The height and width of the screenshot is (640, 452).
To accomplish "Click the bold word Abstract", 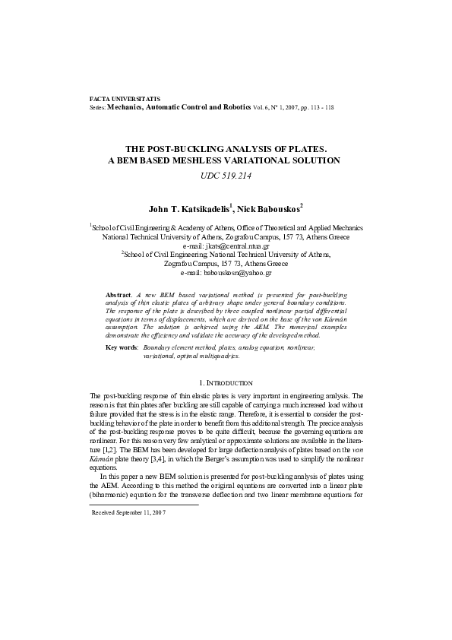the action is pos(118,293).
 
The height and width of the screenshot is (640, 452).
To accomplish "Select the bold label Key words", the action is pos(122,347).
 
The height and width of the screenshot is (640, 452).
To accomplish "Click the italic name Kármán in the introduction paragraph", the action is pos(102,461).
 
